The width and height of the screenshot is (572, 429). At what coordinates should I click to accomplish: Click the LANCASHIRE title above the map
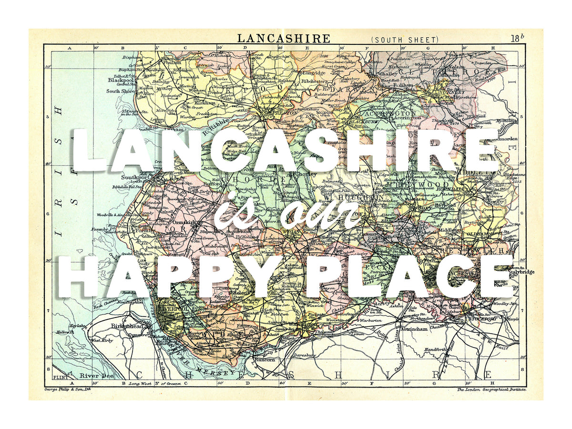coord(284,38)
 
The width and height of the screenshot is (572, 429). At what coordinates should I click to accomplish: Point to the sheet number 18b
coord(517,39)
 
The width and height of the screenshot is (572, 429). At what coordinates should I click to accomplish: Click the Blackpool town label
coord(123,81)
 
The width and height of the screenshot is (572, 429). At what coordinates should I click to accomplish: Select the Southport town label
coord(133,177)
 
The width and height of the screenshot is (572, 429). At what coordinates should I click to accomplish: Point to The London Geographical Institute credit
coord(491,389)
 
